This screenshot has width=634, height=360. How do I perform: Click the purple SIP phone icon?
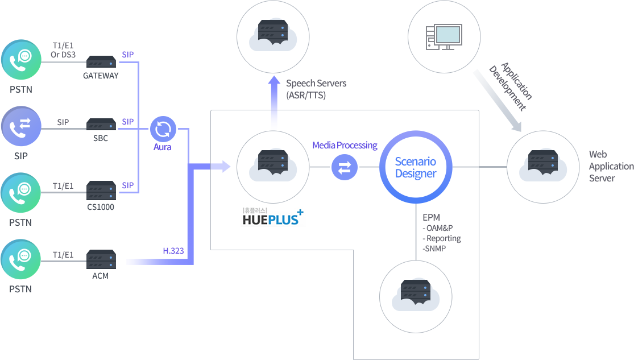click(21, 125)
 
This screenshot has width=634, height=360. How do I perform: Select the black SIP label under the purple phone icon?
click(20, 155)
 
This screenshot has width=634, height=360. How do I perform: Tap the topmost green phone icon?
click(21, 59)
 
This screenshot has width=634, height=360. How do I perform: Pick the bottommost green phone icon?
click(21, 259)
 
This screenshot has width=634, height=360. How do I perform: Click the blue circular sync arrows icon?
click(163, 129)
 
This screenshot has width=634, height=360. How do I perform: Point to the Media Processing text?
click(345, 145)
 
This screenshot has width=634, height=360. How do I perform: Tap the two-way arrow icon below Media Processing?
click(345, 167)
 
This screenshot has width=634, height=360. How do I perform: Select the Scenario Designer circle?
click(416, 167)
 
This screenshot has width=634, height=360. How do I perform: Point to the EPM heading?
click(432, 217)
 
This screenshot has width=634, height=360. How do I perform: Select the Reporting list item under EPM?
click(442, 238)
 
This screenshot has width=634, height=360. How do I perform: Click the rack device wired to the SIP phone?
click(101, 124)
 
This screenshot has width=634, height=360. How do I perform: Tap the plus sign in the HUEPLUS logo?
click(300, 212)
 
